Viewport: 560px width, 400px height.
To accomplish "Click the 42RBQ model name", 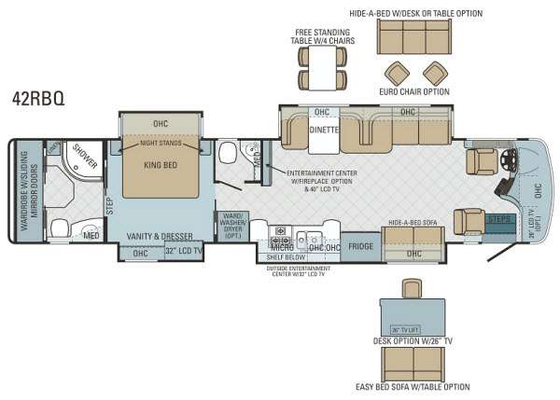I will click(38, 96).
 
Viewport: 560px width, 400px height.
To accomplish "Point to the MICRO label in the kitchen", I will click(283, 247).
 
